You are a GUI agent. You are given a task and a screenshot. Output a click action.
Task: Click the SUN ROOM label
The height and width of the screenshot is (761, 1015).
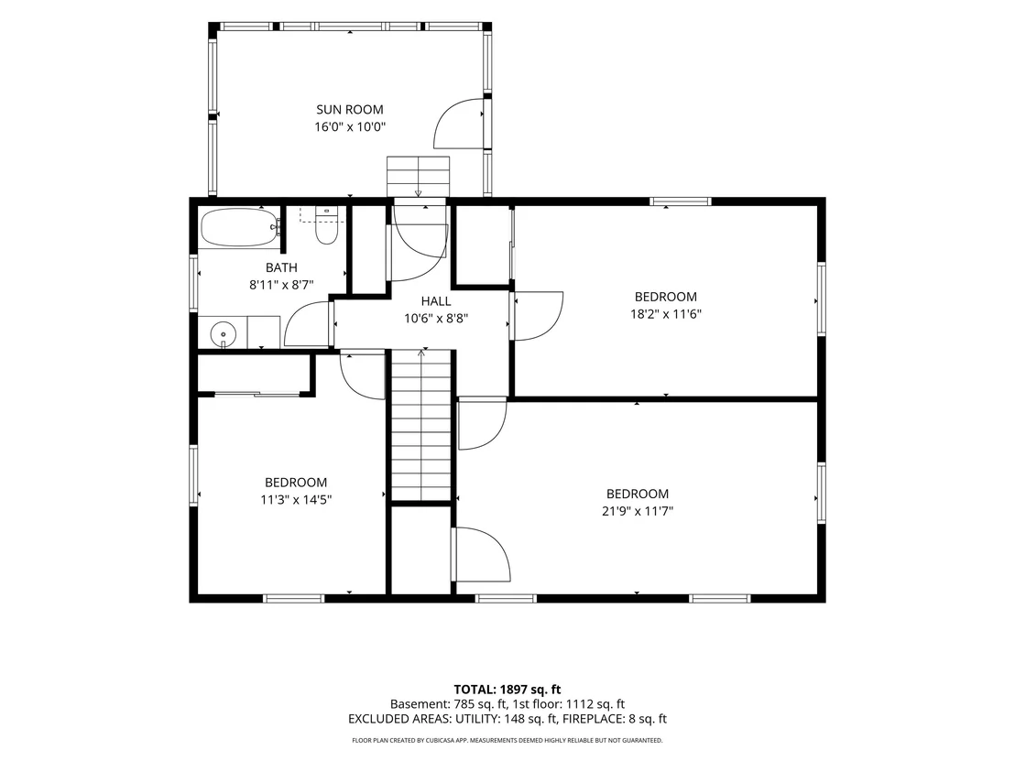(350, 109)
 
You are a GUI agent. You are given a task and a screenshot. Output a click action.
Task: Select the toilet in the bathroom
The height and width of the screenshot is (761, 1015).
(325, 226)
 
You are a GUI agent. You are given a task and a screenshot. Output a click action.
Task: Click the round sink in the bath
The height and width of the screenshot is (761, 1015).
(224, 334)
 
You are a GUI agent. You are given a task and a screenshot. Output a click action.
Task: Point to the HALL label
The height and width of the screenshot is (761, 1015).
(436, 301)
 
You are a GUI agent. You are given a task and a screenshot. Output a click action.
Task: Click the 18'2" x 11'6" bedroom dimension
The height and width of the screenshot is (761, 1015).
(666, 314)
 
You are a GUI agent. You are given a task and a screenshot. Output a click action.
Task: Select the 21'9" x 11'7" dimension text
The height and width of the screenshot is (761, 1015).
(638, 511)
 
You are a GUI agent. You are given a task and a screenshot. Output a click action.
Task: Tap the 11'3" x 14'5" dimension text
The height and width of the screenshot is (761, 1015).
(296, 500)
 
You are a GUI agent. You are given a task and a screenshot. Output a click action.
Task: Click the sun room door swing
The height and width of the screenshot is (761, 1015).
(458, 123)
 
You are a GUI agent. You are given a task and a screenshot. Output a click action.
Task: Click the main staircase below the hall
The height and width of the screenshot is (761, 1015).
(421, 425)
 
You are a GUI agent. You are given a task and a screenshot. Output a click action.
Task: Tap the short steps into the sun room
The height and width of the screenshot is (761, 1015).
(418, 176)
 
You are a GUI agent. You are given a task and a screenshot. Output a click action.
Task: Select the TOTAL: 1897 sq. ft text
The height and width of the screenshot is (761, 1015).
(507, 690)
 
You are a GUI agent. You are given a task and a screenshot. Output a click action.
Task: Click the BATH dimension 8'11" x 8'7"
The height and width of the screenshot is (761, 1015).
(281, 285)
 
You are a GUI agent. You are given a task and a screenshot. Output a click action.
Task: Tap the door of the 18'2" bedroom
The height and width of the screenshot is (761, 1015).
(537, 316)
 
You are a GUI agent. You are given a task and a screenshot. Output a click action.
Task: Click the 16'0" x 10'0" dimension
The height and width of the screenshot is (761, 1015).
(350, 126)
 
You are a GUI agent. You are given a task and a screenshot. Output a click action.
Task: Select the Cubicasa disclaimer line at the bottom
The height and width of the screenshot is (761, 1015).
(507, 740)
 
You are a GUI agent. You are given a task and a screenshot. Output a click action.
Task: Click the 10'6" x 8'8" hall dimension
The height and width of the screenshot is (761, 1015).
(436, 319)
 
